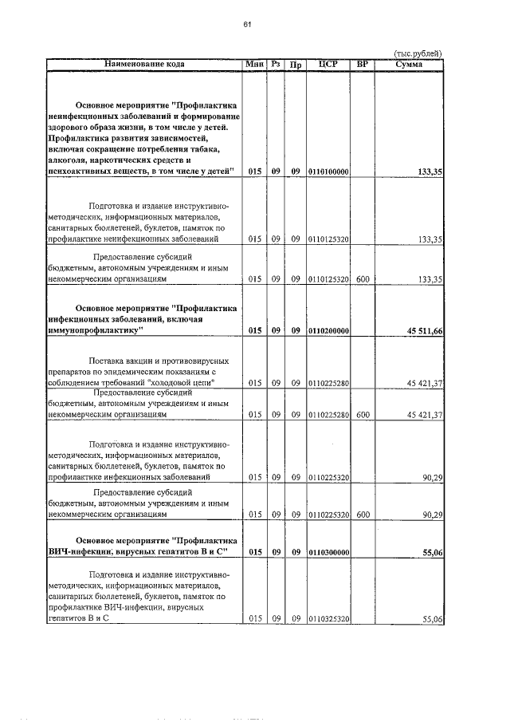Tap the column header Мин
pyautogui.click(x=255, y=64)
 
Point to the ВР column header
pyautogui.click(x=363, y=64)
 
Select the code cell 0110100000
pyautogui.click(x=328, y=172)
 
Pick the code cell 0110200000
pyautogui.click(x=328, y=330)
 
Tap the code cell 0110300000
pyautogui.click(x=328, y=551)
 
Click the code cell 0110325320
pyautogui.click(x=328, y=618)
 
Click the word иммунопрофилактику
pyautogui.click(x=94, y=329)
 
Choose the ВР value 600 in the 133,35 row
pyautogui.click(x=363, y=279)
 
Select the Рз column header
pyautogui.click(x=276, y=64)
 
